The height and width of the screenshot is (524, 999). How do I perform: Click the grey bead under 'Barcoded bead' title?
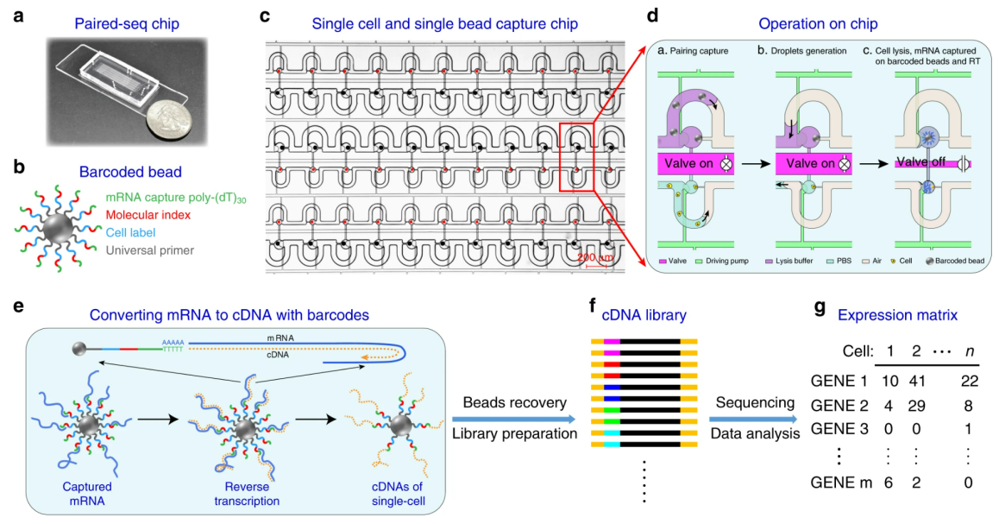click(58, 228)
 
